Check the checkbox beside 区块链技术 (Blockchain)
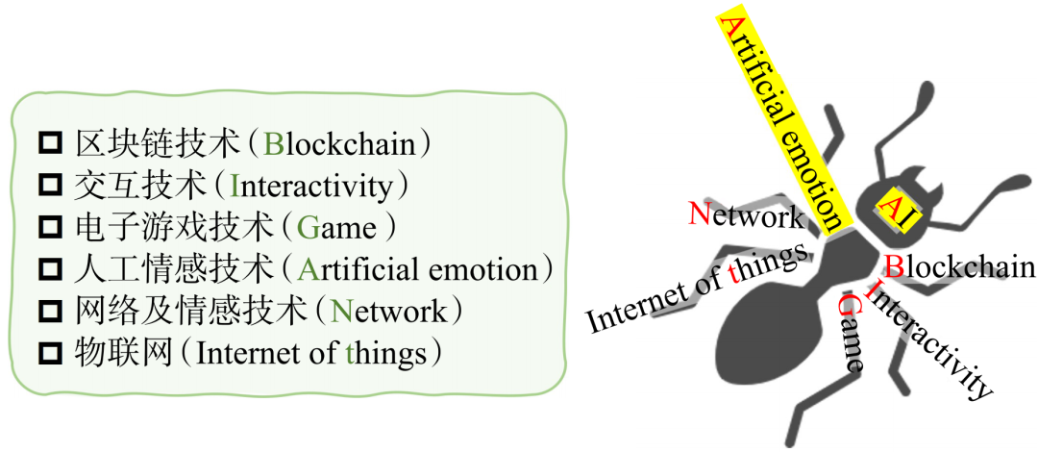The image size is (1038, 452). (51, 143)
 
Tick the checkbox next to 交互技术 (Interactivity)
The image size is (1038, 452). (51, 186)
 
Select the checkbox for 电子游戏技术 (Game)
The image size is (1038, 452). (51, 228)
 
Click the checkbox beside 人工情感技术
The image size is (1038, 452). (51, 270)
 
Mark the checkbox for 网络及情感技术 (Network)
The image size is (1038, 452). (51, 313)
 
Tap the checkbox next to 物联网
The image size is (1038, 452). (51, 355)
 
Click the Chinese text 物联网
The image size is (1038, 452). (123, 355)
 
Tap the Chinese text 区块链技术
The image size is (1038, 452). (157, 144)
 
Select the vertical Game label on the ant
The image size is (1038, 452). (851, 334)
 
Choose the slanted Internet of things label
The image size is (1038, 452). (699, 289)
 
